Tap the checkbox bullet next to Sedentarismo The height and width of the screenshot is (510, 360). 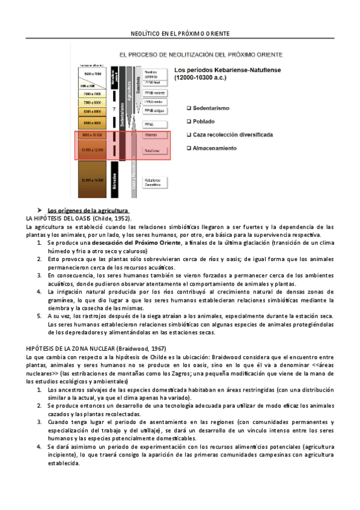pos(189,108)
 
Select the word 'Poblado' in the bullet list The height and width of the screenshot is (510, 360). pos(206,121)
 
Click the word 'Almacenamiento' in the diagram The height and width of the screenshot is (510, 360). pos(215,148)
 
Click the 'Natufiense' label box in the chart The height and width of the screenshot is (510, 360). pos(153,150)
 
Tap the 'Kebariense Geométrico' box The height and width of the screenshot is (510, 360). pos(156,182)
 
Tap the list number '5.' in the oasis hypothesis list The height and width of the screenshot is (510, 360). pos(40,316)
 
